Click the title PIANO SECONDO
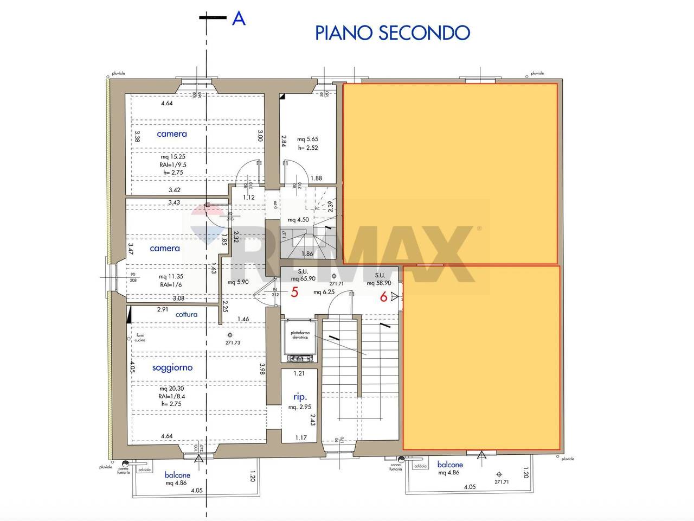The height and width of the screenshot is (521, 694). [x=392, y=33]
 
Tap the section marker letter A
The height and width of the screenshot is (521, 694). [x=239, y=18]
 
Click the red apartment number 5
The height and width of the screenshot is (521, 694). [x=294, y=293]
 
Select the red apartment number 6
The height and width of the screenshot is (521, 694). [x=383, y=297]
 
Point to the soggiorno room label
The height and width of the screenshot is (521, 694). [x=172, y=367]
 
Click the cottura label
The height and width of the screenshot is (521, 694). [x=187, y=314]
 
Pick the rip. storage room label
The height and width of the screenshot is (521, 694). [x=300, y=397]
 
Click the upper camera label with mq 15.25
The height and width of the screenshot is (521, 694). [x=172, y=134]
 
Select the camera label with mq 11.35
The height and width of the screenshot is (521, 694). [x=164, y=248]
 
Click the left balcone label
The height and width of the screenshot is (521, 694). [x=178, y=475]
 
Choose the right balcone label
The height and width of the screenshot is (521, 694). [x=450, y=465]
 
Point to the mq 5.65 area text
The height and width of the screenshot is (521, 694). [x=307, y=139]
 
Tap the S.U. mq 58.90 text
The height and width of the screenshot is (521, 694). [x=379, y=279]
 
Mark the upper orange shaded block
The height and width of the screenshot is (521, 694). [x=450, y=174]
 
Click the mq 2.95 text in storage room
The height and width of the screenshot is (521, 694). [x=299, y=407]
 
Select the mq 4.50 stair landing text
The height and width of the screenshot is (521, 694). [x=298, y=220]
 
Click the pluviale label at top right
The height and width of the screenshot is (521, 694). [x=537, y=73]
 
